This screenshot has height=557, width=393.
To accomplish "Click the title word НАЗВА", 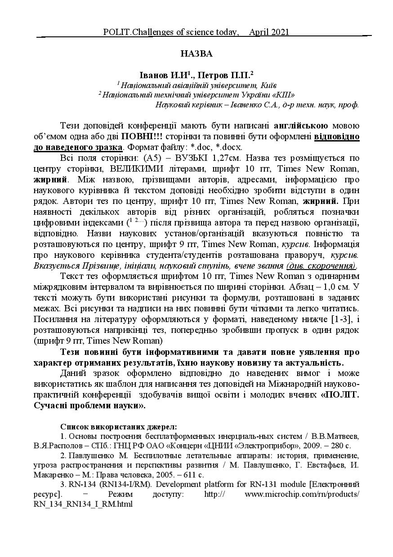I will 196,53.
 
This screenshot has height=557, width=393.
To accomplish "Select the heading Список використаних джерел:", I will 118,425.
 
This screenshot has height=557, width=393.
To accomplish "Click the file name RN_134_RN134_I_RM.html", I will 83,504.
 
